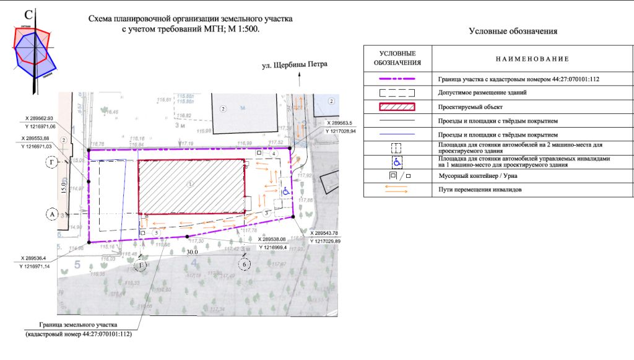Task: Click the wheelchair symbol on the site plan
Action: coord(285,192)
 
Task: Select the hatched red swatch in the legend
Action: coord(397,107)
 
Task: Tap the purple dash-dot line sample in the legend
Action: coord(397,79)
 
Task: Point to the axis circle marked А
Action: coord(52,214)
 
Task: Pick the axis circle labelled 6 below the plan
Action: coord(245,264)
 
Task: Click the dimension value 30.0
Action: coord(192,252)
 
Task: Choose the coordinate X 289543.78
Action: coord(326,233)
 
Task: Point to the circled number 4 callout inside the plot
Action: coord(265,153)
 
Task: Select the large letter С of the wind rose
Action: coord(28,15)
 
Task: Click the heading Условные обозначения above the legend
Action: coord(513,31)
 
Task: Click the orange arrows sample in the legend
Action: coord(397,190)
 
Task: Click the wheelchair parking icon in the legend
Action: coord(397,162)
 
